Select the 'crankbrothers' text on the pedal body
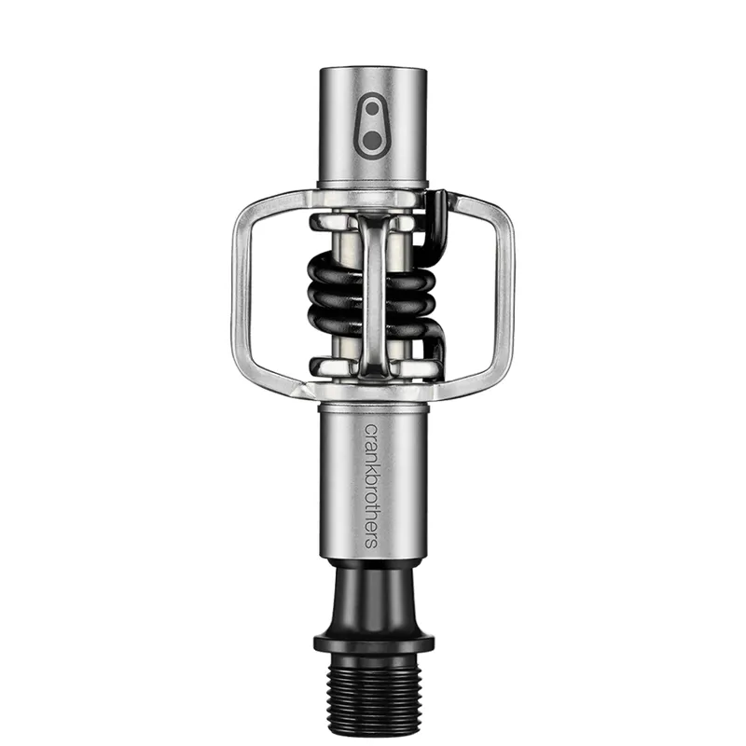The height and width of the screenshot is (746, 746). [371, 490]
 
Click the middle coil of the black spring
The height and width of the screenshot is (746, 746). [336, 299]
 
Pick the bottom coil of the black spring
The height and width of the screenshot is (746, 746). [336, 327]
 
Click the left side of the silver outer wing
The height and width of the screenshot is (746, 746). [240, 289]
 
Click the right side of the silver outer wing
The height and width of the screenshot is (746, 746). [505, 289]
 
